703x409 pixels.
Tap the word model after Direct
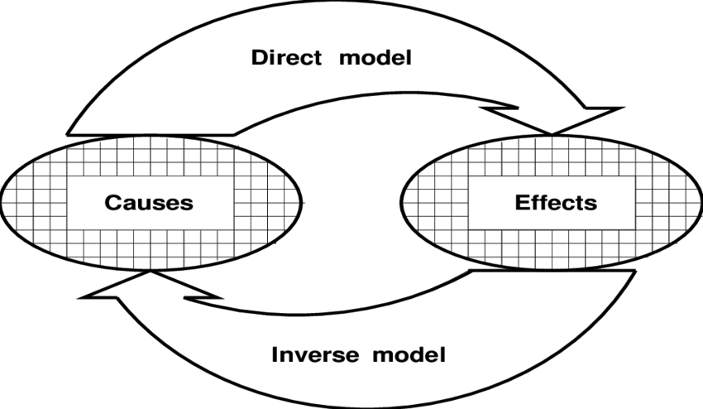(x=380, y=59)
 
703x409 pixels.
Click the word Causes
(x=149, y=201)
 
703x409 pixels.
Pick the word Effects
(x=556, y=201)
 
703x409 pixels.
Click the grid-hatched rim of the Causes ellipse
(x=33, y=201)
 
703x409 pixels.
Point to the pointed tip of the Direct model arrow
(x=552, y=132)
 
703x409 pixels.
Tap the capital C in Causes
(x=112, y=201)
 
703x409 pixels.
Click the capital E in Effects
(x=522, y=201)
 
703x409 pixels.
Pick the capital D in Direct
(x=259, y=59)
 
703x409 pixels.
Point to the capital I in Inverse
(x=275, y=355)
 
